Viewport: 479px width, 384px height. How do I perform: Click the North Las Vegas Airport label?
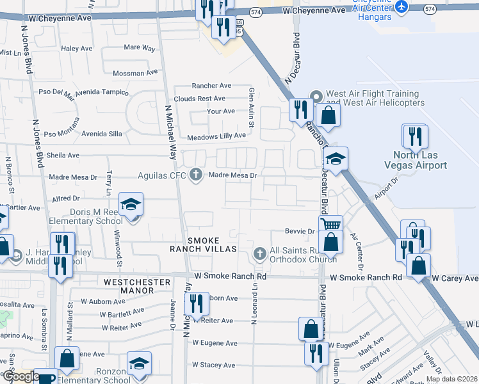(419, 160)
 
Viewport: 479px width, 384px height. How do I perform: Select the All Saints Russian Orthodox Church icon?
(259, 254)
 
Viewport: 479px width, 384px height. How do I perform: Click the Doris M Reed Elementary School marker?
(131, 205)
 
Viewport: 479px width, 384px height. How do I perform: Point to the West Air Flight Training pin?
(316, 97)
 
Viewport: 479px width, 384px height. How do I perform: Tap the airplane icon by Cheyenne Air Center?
(402, 6)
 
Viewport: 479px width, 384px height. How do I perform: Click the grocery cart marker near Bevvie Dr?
(330, 225)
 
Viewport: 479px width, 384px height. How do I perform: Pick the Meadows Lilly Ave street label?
(216, 136)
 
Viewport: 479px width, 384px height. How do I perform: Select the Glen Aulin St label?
(252, 107)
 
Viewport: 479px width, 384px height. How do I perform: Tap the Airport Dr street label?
(386, 190)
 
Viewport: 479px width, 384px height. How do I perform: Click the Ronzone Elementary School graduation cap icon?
(139, 364)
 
